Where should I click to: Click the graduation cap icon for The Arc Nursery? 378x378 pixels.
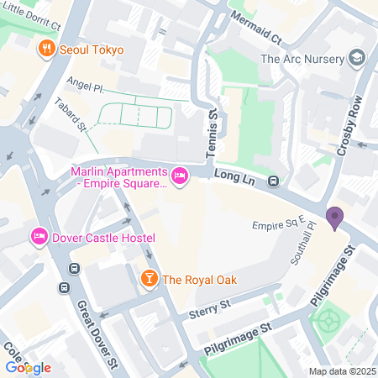359,58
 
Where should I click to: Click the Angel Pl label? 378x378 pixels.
85,87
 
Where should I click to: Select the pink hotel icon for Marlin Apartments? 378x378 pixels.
179,175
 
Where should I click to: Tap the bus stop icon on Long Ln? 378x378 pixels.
274,181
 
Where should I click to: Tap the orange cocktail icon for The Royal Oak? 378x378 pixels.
148,279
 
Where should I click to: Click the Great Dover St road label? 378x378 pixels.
93,323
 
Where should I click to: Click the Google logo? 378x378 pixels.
28,367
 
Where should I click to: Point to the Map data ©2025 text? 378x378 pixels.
341,371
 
